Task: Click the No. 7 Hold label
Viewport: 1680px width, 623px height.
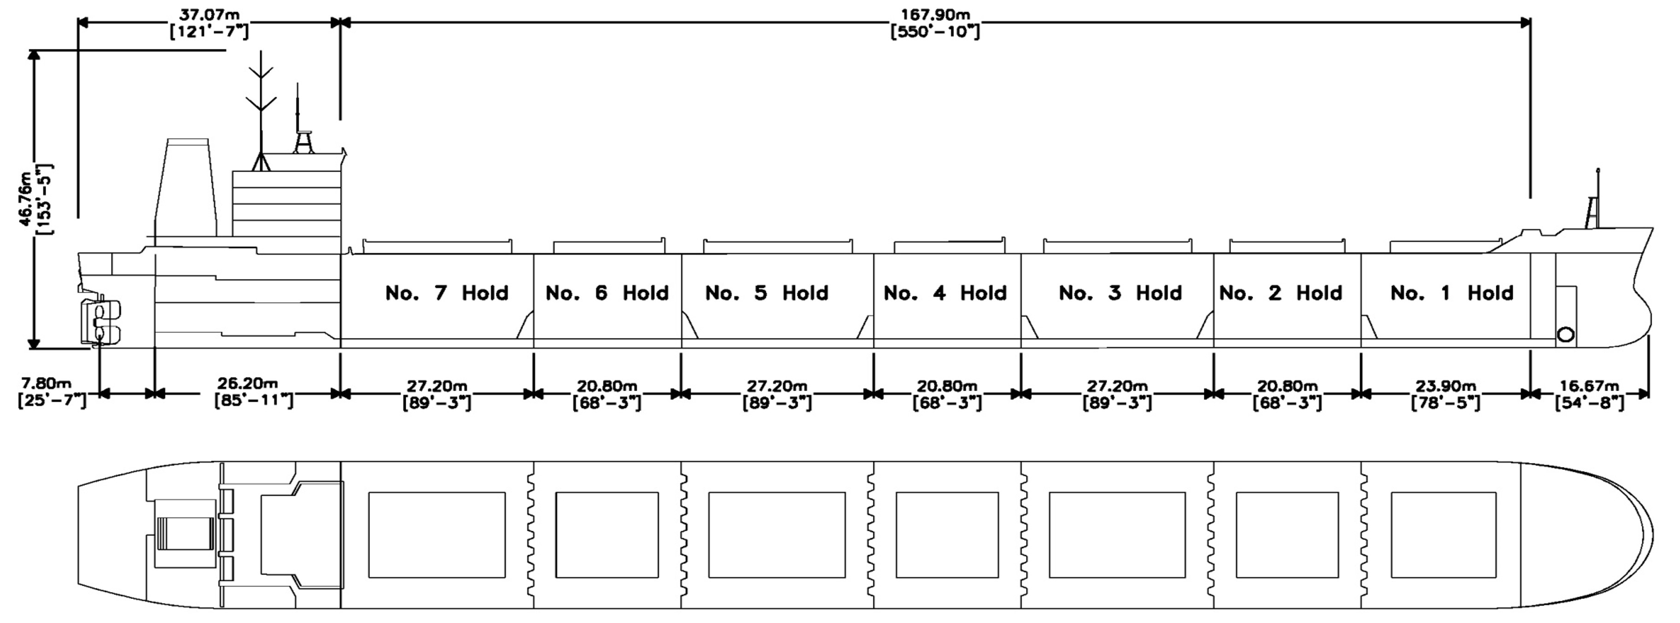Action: coord(447,293)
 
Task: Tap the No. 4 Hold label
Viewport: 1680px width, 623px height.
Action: coord(945,293)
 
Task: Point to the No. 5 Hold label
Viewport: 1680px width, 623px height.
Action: coord(767,293)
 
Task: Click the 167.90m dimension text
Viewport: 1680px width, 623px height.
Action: coord(935,14)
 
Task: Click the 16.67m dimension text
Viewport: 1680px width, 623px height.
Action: coord(1589,386)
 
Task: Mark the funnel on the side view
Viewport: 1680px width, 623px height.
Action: coord(187,187)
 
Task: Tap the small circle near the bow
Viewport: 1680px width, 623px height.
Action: coord(1565,335)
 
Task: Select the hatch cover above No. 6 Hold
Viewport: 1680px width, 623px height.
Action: coord(608,246)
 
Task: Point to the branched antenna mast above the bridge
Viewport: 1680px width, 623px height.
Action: coord(261,111)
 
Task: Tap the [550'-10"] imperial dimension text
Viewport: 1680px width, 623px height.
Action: coord(935,31)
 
